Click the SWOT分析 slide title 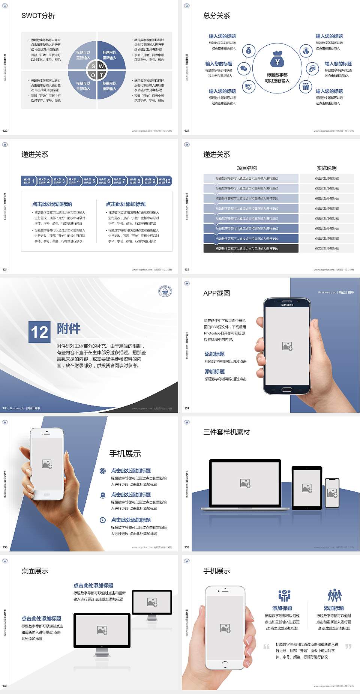point(38,16)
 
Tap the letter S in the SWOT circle point(93,66)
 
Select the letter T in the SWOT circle point(102,75)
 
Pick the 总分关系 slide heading point(217,16)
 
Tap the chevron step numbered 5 point(89,181)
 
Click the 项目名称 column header point(247,168)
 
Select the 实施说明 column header point(327,168)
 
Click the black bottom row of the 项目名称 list point(251,248)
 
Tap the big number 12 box point(39,332)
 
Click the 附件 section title point(69,329)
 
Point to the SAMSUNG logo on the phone point(287,305)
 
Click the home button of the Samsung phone point(287,389)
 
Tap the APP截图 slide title point(217,293)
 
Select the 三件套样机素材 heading point(226,432)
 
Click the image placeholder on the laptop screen point(245,483)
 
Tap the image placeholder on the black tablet point(307,488)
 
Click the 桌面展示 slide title point(35,571)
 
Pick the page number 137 point(187,408)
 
